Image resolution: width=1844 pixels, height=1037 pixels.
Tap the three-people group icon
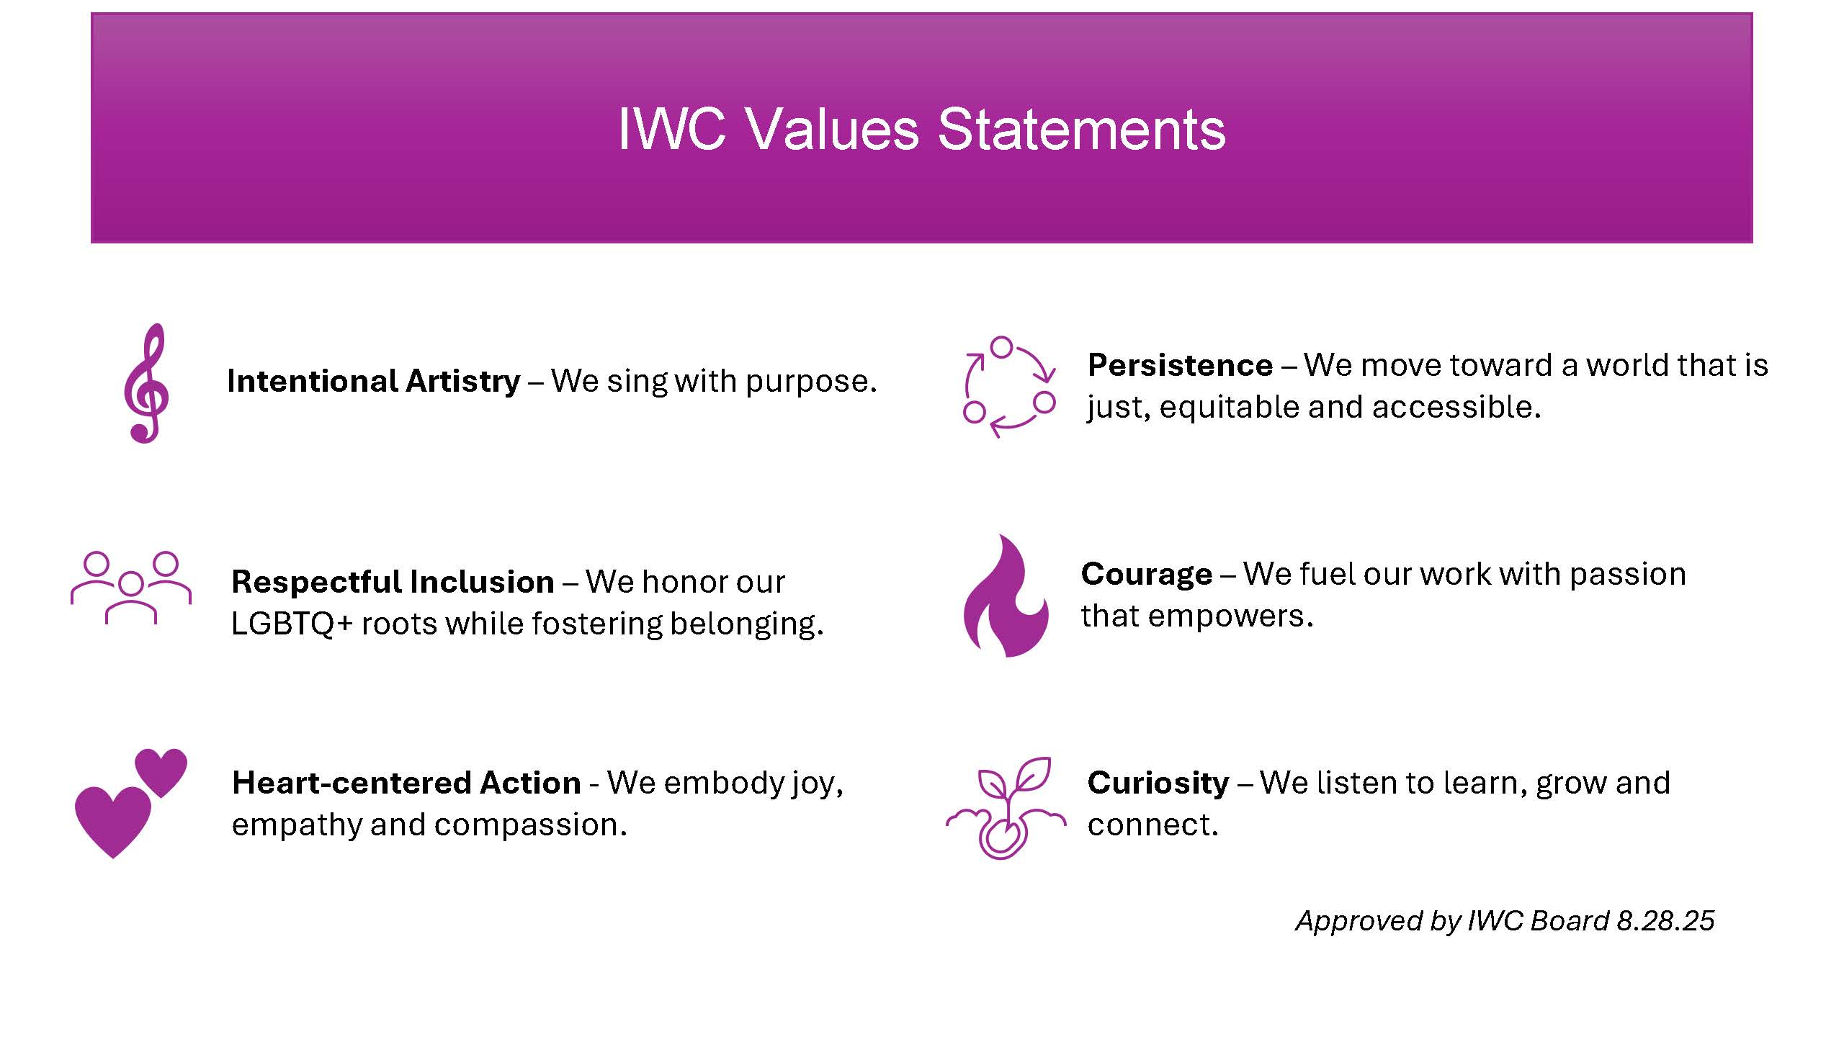pos(131,588)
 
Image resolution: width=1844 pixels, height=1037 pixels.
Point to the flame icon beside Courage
pos(1006,596)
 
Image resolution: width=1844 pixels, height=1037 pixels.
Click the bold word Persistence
pos(1180,365)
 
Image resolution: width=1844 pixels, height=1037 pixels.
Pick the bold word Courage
pos(1147,575)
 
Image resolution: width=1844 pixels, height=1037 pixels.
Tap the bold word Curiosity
pos(1158,784)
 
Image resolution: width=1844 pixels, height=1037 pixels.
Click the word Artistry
pos(462,382)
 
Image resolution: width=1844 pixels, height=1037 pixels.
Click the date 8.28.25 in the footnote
pos(1665,921)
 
